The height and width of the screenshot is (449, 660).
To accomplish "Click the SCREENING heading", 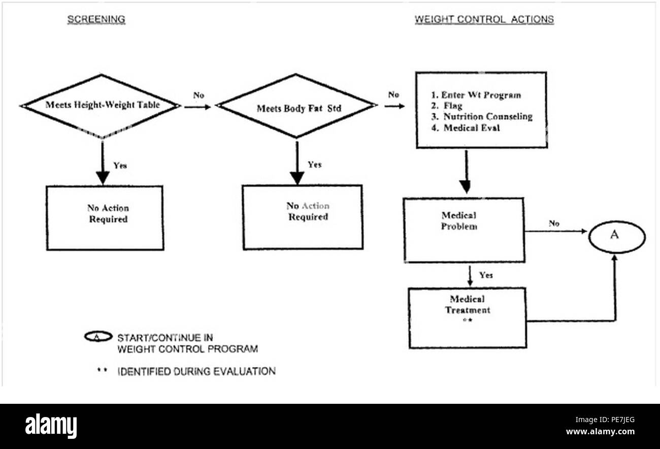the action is (96, 19).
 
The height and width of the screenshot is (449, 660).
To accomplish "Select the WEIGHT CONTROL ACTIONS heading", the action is (484, 19).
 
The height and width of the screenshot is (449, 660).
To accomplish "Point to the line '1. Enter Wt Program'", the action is (476, 95).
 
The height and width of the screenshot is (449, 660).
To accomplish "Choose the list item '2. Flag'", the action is (447, 106).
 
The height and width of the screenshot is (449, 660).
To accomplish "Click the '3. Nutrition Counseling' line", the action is (482, 116).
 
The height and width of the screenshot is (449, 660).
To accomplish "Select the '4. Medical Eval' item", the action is (466, 127).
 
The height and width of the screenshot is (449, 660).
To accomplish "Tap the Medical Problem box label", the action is (459, 221).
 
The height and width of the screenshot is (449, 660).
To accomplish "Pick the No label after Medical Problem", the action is (554, 223).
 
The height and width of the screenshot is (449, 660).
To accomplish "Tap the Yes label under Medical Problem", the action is (486, 275).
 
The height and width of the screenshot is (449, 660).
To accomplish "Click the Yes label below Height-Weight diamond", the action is (120, 166).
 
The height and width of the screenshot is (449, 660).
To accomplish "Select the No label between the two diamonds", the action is (199, 95).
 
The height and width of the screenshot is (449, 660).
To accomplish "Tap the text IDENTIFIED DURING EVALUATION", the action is (196, 371).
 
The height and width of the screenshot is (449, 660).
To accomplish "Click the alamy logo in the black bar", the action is (51, 426).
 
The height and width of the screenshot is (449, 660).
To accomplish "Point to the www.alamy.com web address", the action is (600, 432).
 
